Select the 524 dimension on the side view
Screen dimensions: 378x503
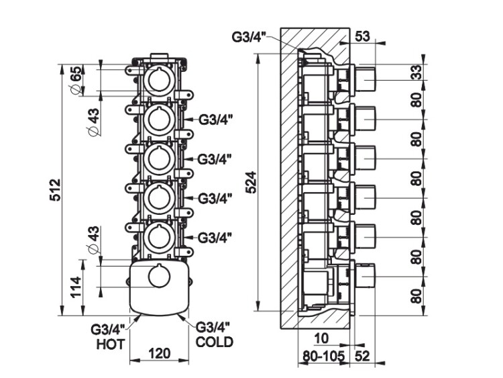point(251,181)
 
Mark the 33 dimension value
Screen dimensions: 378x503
point(418,73)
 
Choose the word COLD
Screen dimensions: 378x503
point(215,342)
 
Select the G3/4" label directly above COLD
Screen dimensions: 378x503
point(214,328)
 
